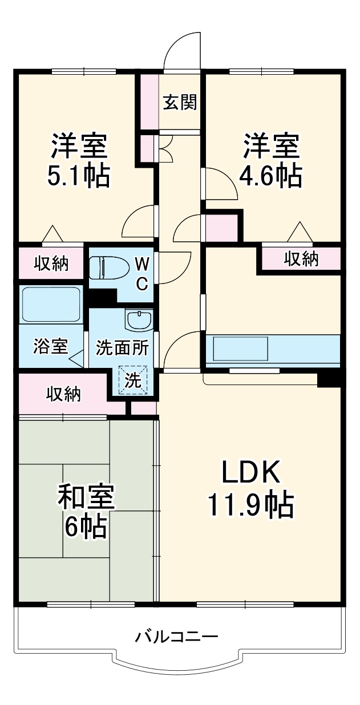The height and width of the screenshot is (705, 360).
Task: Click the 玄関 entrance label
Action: click(180, 103)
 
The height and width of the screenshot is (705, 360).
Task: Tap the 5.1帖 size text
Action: click(79, 177)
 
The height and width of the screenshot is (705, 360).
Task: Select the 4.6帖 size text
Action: click(270, 177)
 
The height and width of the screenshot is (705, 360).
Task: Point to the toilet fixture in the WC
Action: click(108, 267)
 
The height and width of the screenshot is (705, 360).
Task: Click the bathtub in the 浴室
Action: click(50, 305)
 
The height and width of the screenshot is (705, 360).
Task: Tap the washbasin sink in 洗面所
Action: click(139, 320)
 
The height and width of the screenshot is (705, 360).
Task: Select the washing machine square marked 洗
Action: click(133, 381)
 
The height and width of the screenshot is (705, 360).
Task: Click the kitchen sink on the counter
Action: click(240, 348)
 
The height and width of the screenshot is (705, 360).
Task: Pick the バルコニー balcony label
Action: click(177, 636)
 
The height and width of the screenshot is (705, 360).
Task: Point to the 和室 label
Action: click(86, 497)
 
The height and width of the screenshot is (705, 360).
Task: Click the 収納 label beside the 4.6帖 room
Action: click(302, 259)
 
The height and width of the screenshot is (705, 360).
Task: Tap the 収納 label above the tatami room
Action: click(63, 394)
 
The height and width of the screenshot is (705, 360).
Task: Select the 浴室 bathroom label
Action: click(50, 346)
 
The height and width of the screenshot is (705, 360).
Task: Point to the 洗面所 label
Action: click(122, 348)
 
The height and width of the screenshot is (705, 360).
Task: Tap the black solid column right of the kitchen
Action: click(329, 378)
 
